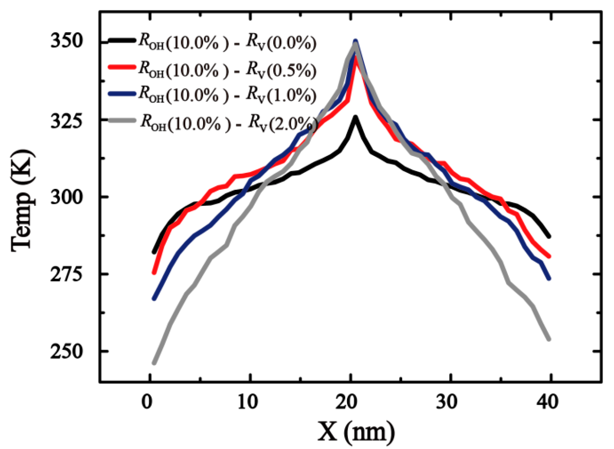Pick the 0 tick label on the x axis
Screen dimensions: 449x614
(147, 402)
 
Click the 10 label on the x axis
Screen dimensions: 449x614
(247, 402)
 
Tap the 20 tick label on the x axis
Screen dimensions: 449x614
(347, 402)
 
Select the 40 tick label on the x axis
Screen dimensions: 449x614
(548, 402)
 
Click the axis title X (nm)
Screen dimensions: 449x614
(356, 431)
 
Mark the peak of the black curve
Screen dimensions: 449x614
(356, 117)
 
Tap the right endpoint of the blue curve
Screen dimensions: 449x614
(549, 278)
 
